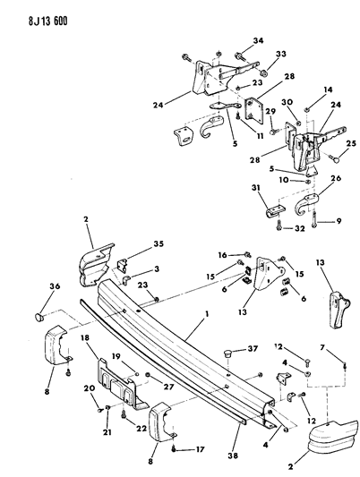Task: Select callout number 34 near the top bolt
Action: (259, 40)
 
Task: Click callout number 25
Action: (349, 143)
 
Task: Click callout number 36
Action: (38, 286)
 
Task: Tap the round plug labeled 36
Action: (39, 316)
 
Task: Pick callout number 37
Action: (252, 349)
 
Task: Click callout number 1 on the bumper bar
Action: (209, 316)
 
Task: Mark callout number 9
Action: (341, 221)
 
